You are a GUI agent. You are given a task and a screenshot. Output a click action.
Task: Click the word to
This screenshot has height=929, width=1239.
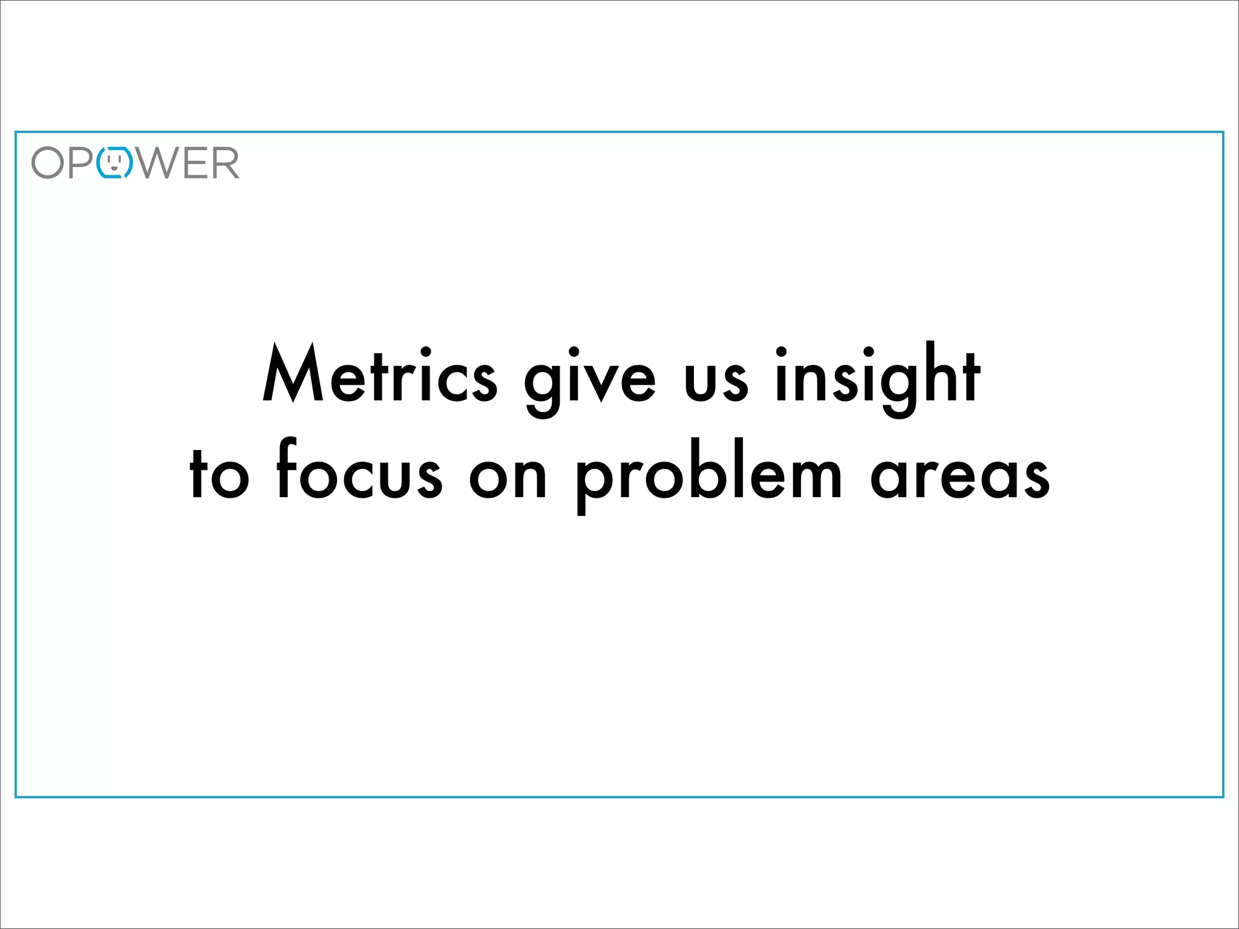pos(219,475)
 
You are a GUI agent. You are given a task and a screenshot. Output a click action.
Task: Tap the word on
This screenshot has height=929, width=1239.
pos(508,478)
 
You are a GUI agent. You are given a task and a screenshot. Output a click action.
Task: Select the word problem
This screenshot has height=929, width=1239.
pos(708,475)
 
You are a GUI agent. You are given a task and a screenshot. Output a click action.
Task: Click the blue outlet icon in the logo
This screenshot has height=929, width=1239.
pos(114,162)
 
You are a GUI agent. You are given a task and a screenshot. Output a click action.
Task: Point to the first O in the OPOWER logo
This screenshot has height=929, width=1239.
pos(47,163)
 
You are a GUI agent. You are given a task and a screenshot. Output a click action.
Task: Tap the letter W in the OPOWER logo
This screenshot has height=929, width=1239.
pos(157,163)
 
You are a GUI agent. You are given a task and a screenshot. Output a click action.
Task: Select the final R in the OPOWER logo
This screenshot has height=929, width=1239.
pos(225,163)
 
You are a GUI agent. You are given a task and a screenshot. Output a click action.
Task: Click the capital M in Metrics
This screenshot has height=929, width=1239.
pos(293,373)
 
